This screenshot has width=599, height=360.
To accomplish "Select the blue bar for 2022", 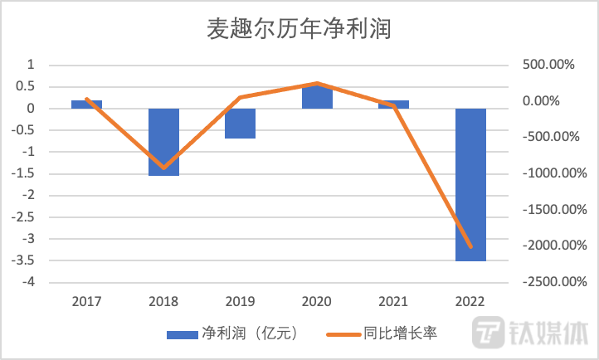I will (x=470, y=184).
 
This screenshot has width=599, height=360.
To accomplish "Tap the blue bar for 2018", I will (x=163, y=142).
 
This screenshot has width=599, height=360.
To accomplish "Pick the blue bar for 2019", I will (x=240, y=124).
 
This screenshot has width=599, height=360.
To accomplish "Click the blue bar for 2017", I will (x=86, y=105).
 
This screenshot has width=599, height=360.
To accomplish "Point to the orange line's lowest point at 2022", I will (x=470, y=246).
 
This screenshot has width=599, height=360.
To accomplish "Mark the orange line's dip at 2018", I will (x=163, y=168).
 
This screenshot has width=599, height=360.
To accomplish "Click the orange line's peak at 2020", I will (x=317, y=83).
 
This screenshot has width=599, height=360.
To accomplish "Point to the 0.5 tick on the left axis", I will (x=28, y=87).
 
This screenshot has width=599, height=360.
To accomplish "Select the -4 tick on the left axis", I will (x=30, y=282).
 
